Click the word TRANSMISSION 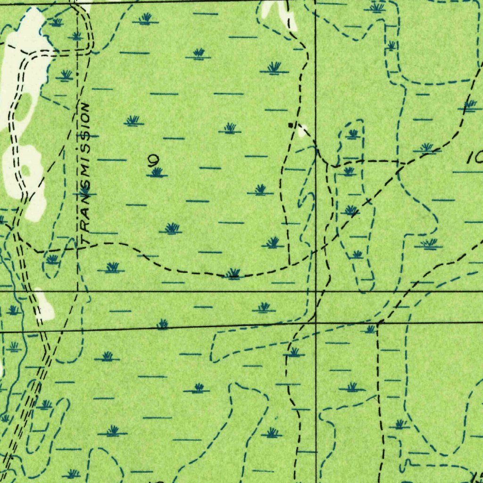[x=84, y=175]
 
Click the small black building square [x=290, y=125]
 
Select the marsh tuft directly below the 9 [x=157, y=173]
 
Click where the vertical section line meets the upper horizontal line [x=315, y=291]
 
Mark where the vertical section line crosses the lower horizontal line [x=315, y=324]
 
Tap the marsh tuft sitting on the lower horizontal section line [x=162, y=324]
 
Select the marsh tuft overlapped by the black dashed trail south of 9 [x=233, y=274]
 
